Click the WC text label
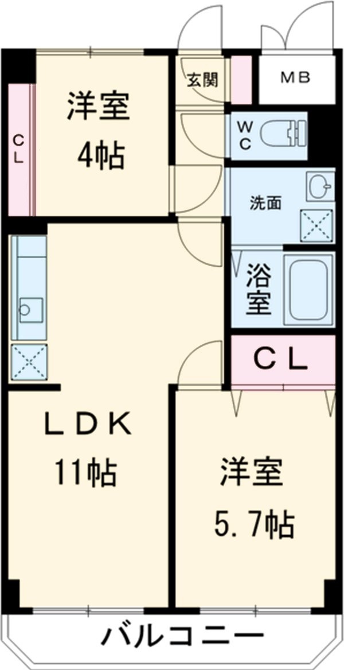pos(245,136)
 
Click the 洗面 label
pos(265,203)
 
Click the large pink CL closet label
pos(281,360)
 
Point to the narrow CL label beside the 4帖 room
pos(19,149)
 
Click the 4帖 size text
pos(101,154)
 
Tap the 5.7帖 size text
pos(255,523)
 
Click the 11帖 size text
pos(86,473)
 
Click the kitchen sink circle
pos(24,310)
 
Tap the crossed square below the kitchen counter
pos(29,362)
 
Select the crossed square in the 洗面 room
pos(317,225)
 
